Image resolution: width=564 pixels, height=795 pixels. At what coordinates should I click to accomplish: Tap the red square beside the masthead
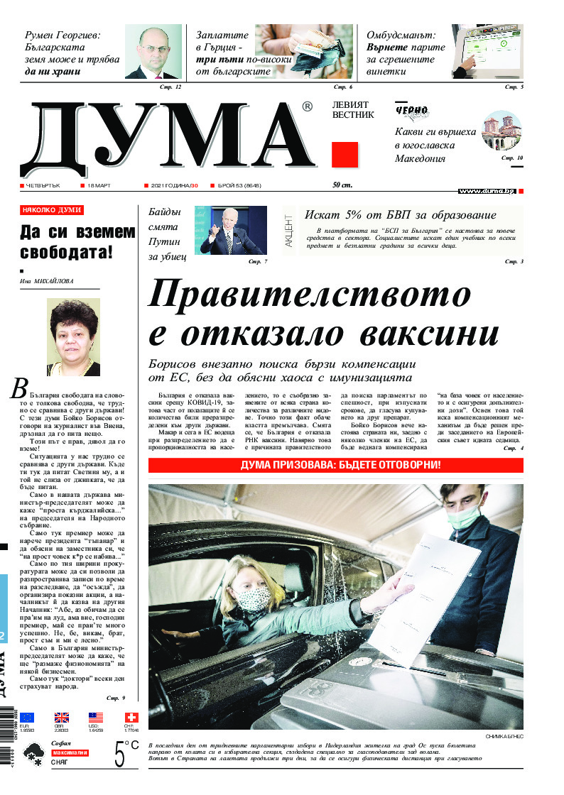[345, 155]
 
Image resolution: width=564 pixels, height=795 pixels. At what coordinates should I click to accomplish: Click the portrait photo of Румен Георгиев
[153, 52]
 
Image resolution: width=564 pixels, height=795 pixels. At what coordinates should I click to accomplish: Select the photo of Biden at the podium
[234, 230]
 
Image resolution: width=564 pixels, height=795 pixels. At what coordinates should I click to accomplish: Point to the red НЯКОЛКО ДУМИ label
[52, 210]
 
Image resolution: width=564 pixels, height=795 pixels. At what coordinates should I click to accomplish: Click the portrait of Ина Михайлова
[73, 336]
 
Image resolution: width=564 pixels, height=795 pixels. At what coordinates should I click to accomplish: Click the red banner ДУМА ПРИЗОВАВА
[335, 465]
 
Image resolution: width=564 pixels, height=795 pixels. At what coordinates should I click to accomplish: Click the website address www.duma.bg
[487, 191]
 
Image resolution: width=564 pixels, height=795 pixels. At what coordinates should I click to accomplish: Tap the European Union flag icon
[27, 718]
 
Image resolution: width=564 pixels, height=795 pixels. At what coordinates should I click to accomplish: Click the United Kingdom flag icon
[62, 718]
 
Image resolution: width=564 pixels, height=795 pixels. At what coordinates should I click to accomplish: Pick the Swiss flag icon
[130, 718]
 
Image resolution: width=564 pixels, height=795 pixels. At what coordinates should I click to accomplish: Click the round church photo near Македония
[501, 131]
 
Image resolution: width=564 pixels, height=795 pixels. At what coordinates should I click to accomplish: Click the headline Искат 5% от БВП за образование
[400, 215]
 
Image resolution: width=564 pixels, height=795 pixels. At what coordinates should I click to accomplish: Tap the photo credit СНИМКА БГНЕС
[504, 737]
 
